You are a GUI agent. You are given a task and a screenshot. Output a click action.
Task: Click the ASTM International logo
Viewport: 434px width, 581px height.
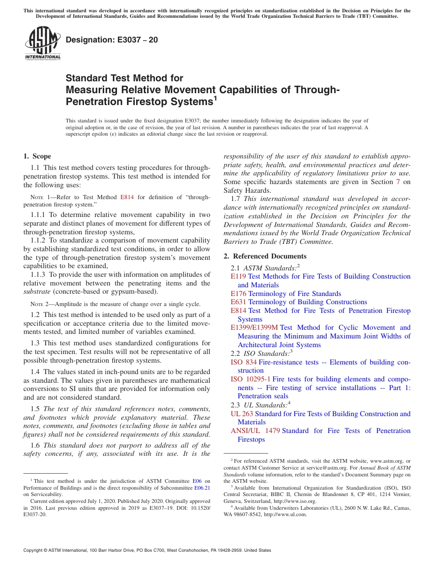coord(42,43)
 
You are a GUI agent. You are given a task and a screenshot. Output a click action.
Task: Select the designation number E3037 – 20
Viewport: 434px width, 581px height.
coord(112,40)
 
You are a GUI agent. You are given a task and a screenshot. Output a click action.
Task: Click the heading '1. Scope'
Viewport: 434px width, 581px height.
coord(37,156)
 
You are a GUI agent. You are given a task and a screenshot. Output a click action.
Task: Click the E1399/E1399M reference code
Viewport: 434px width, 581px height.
coord(254,327)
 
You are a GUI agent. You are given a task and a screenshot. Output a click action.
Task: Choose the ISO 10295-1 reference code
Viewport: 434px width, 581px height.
coord(250,379)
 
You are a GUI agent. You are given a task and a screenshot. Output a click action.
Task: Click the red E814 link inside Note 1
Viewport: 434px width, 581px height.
coord(127,197)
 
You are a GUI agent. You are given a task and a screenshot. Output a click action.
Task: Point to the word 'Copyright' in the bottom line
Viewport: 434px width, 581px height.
coord(34,550)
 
